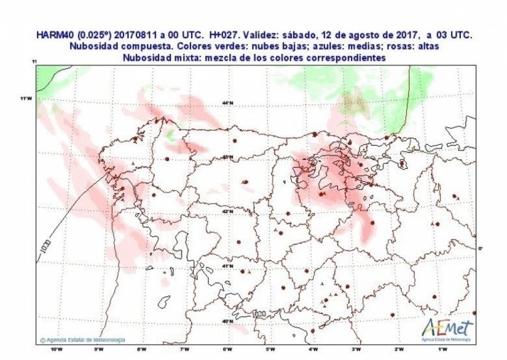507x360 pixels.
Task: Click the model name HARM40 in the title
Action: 54,35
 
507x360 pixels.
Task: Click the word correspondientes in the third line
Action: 342,58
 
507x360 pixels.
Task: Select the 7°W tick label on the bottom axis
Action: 185,348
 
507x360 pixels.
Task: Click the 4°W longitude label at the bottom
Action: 313,348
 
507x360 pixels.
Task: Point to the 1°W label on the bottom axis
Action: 442,348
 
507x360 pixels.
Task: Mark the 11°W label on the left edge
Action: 27,98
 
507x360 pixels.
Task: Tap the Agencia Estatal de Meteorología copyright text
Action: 83,339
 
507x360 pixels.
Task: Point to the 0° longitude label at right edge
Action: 480,248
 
